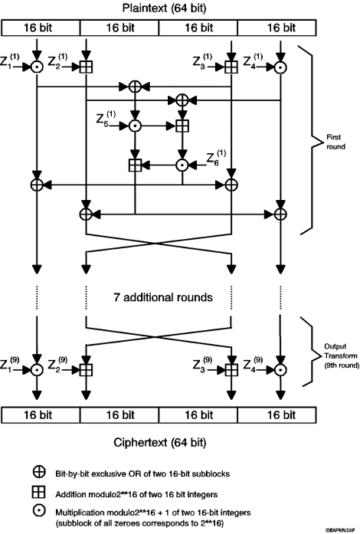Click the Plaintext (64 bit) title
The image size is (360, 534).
coord(165,8)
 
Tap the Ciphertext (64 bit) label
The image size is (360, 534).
coord(160,442)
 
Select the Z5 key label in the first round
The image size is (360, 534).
coord(106,119)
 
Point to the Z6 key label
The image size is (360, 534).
coord(216,158)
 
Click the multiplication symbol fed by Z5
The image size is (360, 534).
coord(136,126)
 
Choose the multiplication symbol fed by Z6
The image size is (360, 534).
coord(182,165)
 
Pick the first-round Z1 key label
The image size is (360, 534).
coord(9,61)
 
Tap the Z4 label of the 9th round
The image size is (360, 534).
coord(253,364)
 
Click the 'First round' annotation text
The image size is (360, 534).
coord(335,142)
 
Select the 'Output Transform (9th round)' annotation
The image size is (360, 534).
coord(341,356)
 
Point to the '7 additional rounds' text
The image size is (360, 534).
coord(163,297)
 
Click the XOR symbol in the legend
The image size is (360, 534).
coord(39,472)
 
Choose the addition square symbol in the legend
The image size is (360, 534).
coord(39,492)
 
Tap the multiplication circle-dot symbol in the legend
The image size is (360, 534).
coord(39,510)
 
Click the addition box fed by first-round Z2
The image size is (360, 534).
coord(86,67)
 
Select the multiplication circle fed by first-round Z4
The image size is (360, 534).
coord(280,67)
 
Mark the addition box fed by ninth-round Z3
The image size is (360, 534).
coord(231,369)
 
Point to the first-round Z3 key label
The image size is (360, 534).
coord(203,61)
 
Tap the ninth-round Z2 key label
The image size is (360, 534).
coord(57,364)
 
